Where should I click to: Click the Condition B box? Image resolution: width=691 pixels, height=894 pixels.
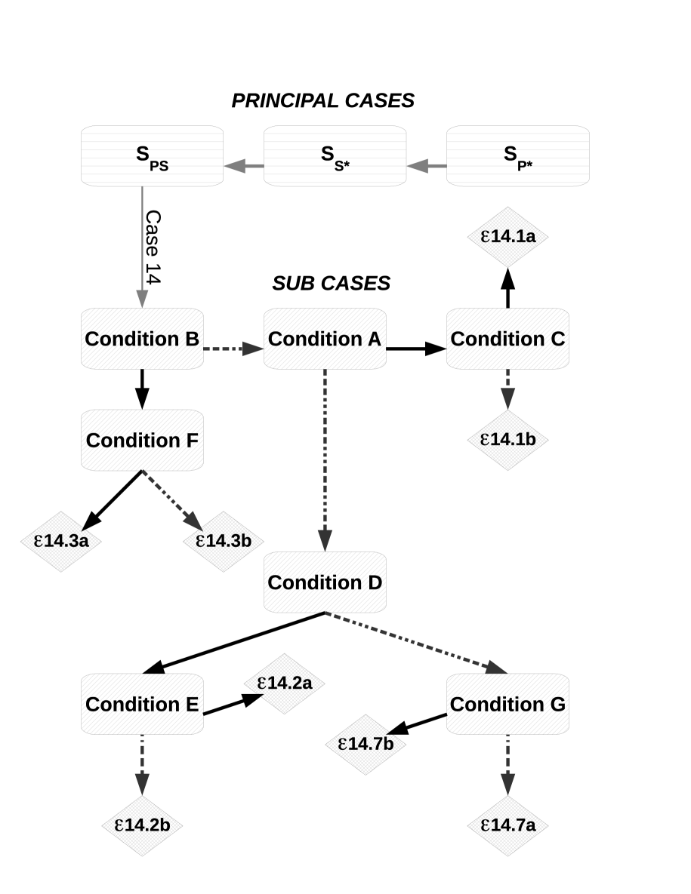click(142, 339)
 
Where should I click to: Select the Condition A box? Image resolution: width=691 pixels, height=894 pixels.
click(325, 339)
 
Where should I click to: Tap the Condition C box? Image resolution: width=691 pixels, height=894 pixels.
click(507, 339)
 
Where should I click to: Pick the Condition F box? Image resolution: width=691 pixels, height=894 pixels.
click(142, 440)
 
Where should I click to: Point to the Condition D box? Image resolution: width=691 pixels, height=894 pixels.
click(325, 582)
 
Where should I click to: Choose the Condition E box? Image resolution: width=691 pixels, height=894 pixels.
click(142, 704)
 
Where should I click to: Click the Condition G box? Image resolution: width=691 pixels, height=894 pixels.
click(507, 704)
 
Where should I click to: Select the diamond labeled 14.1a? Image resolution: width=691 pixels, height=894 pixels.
click(507, 237)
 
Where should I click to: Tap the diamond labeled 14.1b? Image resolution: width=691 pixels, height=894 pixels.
click(507, 440)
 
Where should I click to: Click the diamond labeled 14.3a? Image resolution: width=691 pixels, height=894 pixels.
click(61, 541)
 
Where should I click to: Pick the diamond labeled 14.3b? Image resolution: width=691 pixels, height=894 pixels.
click(223, 541)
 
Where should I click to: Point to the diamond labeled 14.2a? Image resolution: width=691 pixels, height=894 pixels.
click(284, 683)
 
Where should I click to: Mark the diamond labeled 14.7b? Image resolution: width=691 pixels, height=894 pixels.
click(366, 744)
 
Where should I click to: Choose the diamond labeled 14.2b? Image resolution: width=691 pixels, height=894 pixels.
click(142, 825)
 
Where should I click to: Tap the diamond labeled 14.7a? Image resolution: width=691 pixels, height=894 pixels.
click(507, 825)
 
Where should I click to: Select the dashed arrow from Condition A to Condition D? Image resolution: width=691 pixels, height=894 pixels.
click(325, 460)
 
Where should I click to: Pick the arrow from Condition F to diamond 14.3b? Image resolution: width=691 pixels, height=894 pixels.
click(171, 500)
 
